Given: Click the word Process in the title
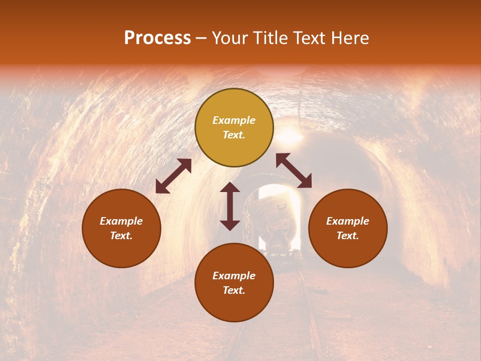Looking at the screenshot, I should coord(157,38).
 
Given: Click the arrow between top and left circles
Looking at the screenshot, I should coord(173,176).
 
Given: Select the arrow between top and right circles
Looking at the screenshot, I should coord(294,170).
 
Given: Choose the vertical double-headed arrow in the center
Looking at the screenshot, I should coord(230,206).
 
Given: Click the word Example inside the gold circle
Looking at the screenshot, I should coord(234,120).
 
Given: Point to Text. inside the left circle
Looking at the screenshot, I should coord(121,236).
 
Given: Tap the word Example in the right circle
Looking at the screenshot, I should coord(348,221).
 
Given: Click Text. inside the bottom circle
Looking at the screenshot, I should coord(234,290).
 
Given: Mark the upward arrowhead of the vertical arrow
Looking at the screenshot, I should coord(230,187).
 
